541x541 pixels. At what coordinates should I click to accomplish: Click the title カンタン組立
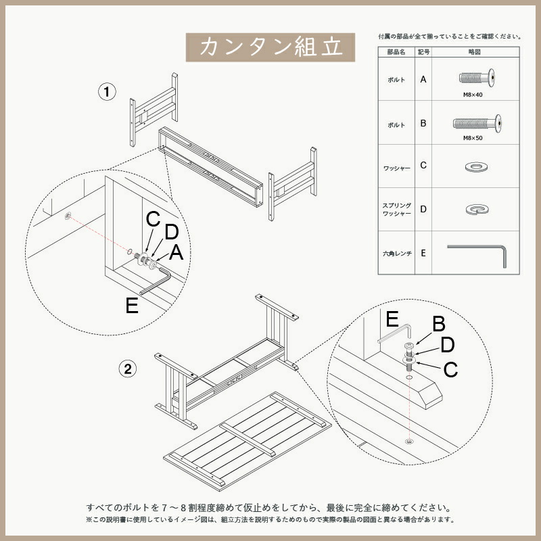[x=270, y=47]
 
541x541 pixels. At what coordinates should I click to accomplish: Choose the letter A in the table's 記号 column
[x=423, y=79]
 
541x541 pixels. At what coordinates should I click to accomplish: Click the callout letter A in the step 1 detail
[x=177, y=252]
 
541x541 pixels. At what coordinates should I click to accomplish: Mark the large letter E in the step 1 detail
[x=132, y=306]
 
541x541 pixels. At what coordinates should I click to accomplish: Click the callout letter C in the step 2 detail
[x=450, y=370]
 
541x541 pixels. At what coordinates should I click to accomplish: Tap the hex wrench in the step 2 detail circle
[x=396, y=333]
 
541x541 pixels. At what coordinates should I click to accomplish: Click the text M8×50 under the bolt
[x=473, y=137]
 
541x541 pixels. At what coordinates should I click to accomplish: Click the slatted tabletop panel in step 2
[x=247, y=440]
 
